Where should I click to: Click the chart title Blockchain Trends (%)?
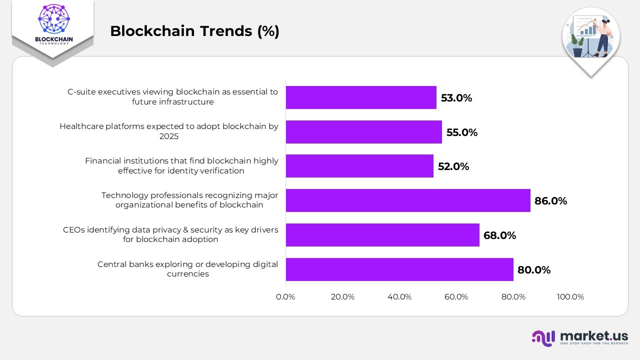coord(194,31)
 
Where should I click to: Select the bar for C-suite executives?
coord(361,97)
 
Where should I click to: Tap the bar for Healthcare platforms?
coord(363,132)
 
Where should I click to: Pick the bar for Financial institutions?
coord(359,166)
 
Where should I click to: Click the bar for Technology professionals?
coord(407,200)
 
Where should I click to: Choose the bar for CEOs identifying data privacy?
coord(382,235)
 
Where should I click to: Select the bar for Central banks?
coord(399,269)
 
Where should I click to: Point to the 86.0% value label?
coord(550,201)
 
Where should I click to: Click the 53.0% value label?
coord(456,98)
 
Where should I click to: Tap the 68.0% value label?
coord(499,235)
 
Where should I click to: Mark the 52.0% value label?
coord(453,166)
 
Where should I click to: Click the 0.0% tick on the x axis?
coord(285,297)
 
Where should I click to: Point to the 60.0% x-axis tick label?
coord(456,297)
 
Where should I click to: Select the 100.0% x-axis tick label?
coord(570,297)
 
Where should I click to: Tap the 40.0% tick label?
coord(399,297)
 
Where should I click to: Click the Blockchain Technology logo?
coord(53,25)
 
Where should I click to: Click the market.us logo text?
coord(594,335)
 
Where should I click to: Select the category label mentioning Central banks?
coord(187,269)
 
